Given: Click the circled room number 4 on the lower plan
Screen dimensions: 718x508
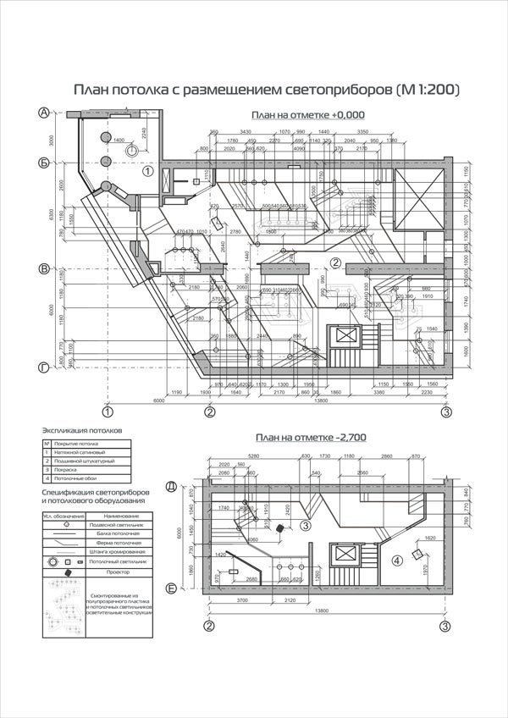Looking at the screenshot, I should click(x=397, y=560).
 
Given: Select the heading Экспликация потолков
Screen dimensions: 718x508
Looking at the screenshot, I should click(x=81, y=430).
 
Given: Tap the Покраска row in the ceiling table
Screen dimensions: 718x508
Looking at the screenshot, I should click(x=70, y=471).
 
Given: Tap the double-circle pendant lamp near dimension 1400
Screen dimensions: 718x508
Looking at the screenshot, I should click(x=131, y=149).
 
